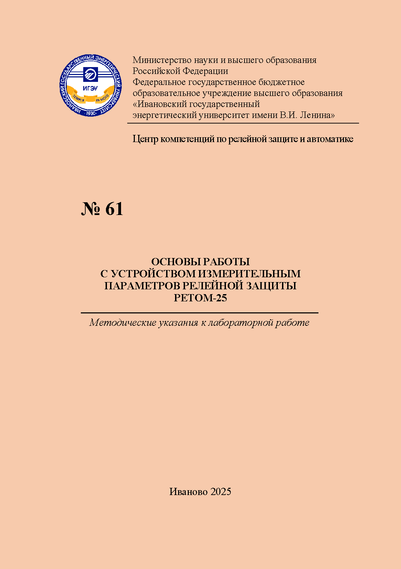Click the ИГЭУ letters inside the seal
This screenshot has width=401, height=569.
(x=90, y=88)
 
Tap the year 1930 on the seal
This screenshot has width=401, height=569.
(x=91, y=113)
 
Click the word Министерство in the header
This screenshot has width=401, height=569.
(x=162, y=60)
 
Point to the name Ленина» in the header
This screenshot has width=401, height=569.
(x=317, y=115)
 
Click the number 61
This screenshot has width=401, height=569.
(x=114, y=209)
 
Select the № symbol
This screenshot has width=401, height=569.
(x=90, y=209)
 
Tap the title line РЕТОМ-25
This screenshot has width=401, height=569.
(x=200, y=298)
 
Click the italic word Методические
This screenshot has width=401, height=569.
(x=122, y=323)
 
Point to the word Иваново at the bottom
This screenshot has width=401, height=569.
(x=188, y=492)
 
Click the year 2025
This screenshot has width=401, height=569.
(x=221, y=492)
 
